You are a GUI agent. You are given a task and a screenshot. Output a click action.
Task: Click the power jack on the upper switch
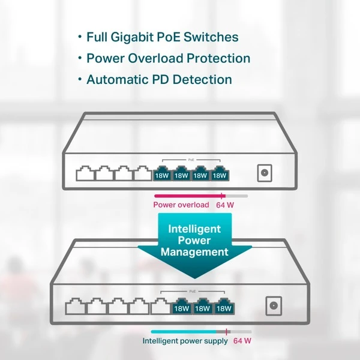coord(263,173)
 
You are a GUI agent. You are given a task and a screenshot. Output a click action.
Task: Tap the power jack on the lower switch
coord(274,305)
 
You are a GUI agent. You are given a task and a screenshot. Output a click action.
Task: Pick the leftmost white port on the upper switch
coord(85,173)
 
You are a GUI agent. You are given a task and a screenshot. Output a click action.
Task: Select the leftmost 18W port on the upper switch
coord(161,173)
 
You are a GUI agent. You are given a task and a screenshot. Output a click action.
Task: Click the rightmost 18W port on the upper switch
coord(220,173)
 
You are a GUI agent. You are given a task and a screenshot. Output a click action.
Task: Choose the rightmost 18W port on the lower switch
coord(224,306)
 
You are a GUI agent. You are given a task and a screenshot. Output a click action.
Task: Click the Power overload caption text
coord(181,205)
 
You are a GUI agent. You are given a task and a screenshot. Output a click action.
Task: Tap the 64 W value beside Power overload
coord(224,205)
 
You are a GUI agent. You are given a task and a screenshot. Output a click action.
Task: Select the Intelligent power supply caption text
coord(185,341)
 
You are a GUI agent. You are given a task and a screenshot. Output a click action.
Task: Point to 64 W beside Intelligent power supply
coord(242,341)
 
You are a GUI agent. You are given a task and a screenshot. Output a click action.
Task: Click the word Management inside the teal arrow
coord(194,252)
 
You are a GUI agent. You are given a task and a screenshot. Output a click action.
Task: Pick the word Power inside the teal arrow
coord(194,241)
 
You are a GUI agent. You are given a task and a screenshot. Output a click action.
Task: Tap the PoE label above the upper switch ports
coord(191,160)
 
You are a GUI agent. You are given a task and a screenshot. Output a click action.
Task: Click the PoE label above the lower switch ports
coord(193,291)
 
